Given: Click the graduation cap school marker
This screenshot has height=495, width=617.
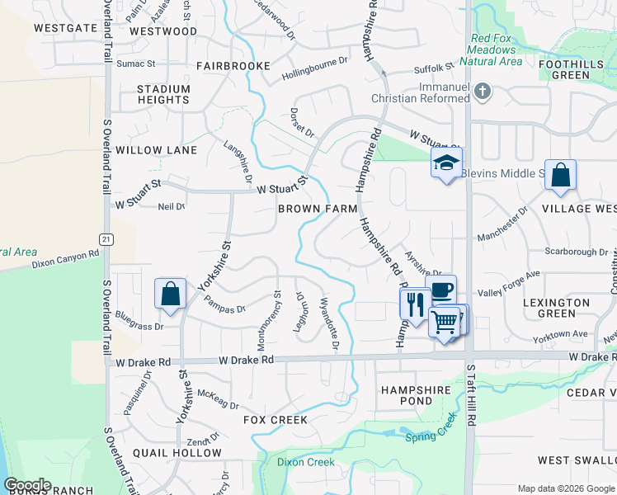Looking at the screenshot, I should pos(446,163).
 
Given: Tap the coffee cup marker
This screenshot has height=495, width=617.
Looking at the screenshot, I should pos(441,289).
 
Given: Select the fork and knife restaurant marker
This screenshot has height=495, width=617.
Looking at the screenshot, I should pos(414,304).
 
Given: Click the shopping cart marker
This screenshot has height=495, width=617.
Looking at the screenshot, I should pos(444,321).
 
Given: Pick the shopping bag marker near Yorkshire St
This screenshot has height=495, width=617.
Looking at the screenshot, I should pos(170,295).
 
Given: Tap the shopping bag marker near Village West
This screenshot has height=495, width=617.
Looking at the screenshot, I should pos(560,176).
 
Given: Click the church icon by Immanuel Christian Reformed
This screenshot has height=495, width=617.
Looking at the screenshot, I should pos(483,92).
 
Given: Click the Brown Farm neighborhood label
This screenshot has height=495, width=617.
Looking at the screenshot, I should pos(318,209).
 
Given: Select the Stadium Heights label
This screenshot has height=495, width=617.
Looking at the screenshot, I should pos(163,94).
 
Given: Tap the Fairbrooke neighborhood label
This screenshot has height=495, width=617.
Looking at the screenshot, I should pos(233,65).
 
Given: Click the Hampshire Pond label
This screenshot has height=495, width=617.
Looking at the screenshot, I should pos(416,395).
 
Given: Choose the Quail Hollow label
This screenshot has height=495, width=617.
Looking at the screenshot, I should pos(178,453).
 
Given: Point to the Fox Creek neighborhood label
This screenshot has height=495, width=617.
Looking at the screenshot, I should pos(276,420).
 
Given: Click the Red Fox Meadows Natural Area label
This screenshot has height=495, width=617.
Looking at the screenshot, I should pos(496,49).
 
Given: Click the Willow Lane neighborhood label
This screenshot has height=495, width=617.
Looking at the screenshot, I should pos(157,150).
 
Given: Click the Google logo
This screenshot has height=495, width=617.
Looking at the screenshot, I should pos(26,485).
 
